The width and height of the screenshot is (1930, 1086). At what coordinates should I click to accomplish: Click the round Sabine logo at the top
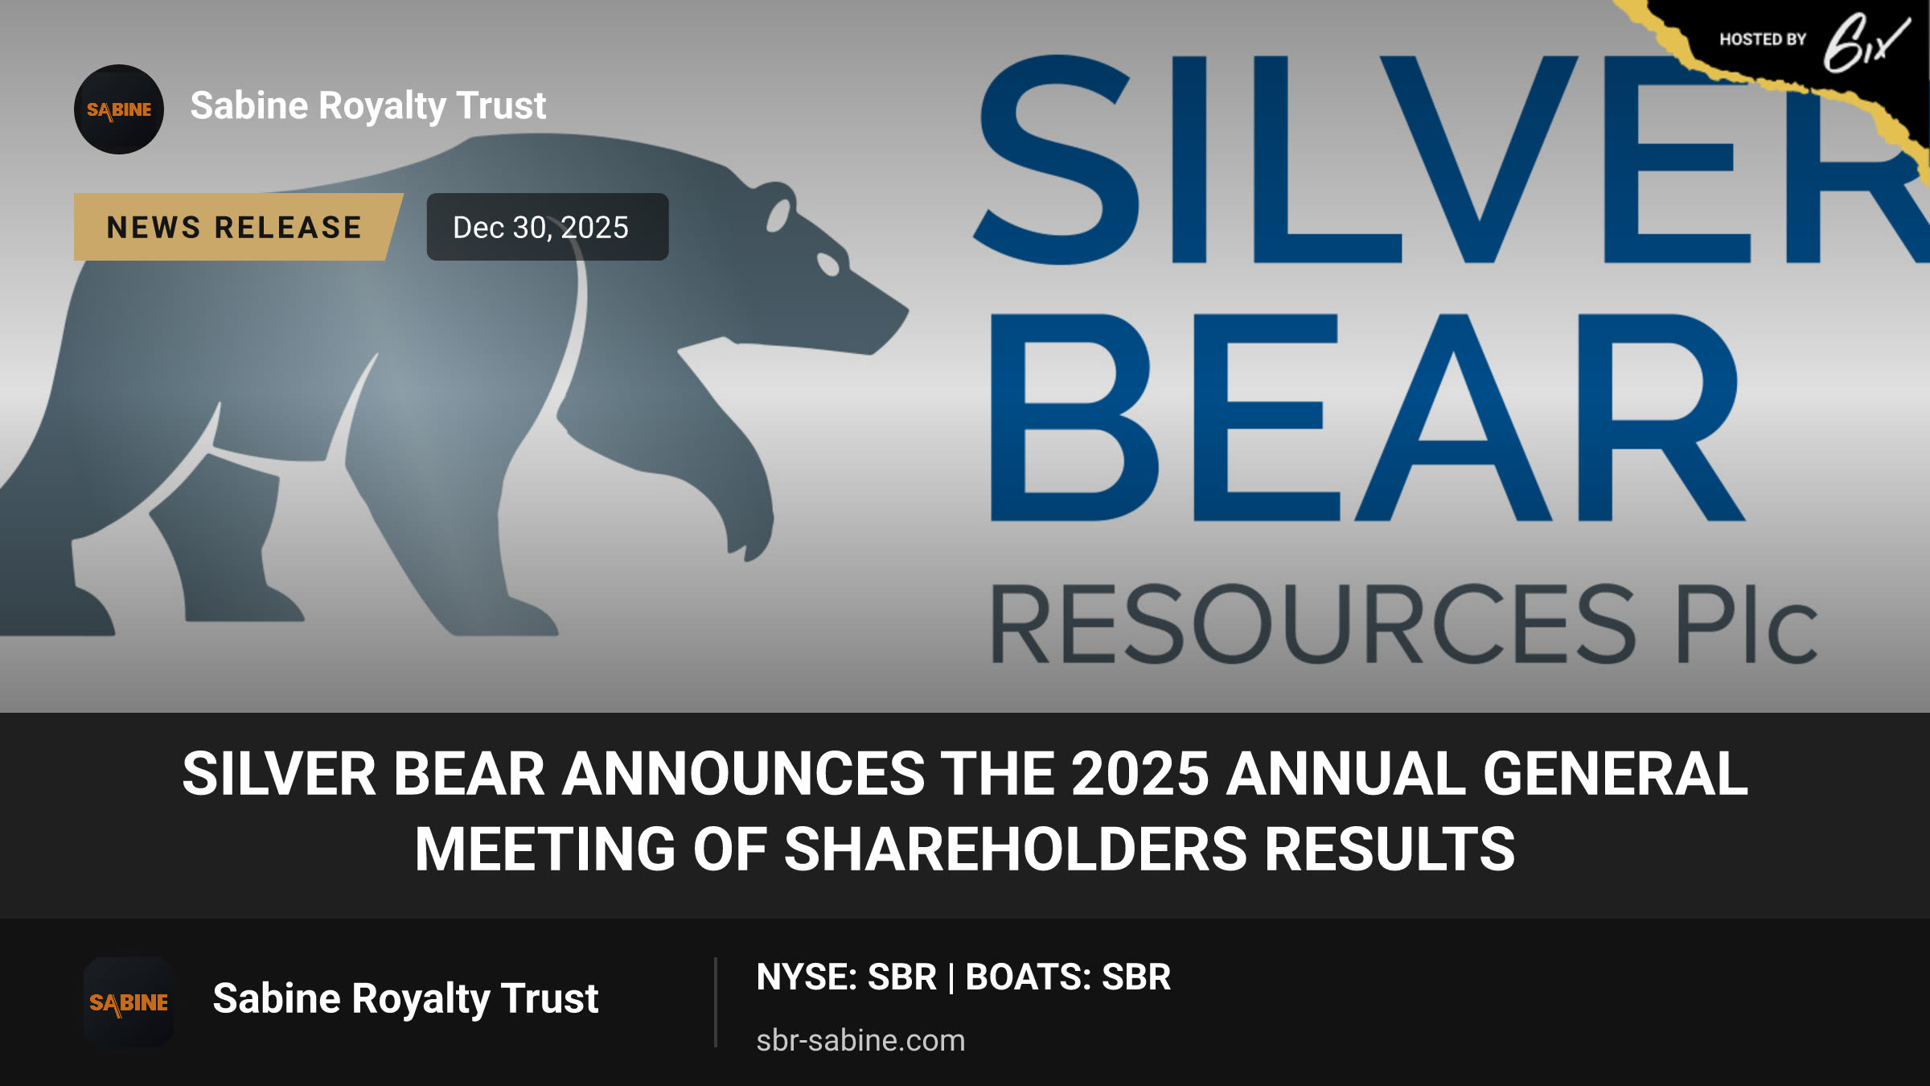pyautogui.click(x=119, y=109)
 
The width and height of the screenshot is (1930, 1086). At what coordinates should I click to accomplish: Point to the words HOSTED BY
pyautogui.click(x=1763, y=39)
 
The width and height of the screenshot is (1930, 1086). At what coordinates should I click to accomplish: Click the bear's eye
pyautogui.click(x=828, y=264)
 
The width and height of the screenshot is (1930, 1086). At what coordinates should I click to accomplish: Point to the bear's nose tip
pyautogui.click(x=904, y=311)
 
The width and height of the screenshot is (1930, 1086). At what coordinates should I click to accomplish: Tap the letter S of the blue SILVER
pyautogui.click(x=1059, y=159)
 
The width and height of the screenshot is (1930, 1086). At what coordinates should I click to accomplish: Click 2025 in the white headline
pyautogui.click(x=1140, y=774)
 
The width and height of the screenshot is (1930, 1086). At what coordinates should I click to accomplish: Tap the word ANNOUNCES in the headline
pyautogui.click(x=743, y=774)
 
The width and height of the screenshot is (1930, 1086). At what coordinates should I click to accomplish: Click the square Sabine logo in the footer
pyautogui.click(x=129, y=1002)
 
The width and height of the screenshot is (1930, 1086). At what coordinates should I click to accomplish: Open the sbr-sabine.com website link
pyautogui.click(x=860, y=1040)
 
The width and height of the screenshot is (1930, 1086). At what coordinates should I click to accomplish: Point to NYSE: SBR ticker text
pyautogui.click(x=846, y=977)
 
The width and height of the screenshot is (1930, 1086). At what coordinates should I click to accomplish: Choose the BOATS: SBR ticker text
pyautogui.click(x=1068, y=977)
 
